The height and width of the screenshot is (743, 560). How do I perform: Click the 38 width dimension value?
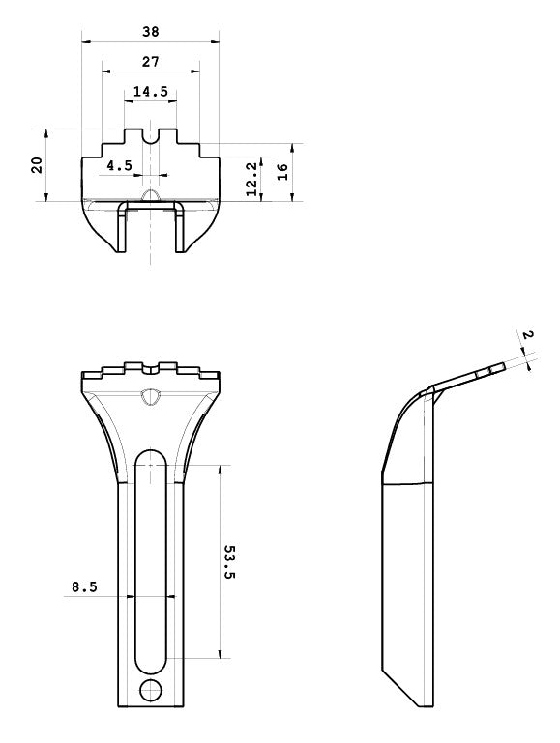tap(151, 32)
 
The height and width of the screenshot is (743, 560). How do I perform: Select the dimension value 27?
tap(151, 62)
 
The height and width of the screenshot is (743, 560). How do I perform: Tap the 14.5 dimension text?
tap(151, 91)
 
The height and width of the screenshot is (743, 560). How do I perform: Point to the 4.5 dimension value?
tap(120, 166)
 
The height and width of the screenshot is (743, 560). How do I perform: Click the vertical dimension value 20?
tap(37, 165)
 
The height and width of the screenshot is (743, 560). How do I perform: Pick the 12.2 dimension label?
tap(251, 179)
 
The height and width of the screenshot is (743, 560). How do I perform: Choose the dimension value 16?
tap(282, 172)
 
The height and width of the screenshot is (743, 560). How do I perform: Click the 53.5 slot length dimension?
tap(229, 562)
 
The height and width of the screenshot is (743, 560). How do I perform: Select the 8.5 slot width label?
tap(84, 587)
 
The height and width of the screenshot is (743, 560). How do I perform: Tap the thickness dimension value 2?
tap(527, 335)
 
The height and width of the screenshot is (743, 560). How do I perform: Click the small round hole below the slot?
tap(150, 690)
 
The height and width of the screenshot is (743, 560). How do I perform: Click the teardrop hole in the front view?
tap(151, 397)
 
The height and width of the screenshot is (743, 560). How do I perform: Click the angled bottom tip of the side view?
tap(421, 707)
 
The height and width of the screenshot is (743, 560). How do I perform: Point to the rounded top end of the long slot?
tap(151, 451)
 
